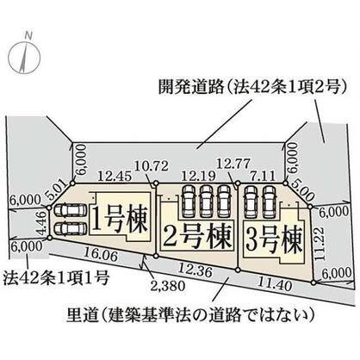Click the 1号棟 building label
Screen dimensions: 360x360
120,219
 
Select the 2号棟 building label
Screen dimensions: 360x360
197,236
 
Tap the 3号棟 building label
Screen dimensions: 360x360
274,240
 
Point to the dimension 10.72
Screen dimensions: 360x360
152,166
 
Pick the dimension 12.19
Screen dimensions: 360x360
198,176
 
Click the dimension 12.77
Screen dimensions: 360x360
233,164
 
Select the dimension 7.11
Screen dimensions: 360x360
262,175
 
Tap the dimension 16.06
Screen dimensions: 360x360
100,254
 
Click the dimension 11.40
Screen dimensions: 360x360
275,284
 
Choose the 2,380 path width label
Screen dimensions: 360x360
167,286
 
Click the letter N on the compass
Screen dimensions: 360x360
28,35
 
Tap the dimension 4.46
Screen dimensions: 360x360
42,222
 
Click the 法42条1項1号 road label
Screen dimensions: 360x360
56,277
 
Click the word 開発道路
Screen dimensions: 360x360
190,86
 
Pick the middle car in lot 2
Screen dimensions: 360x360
206,201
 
